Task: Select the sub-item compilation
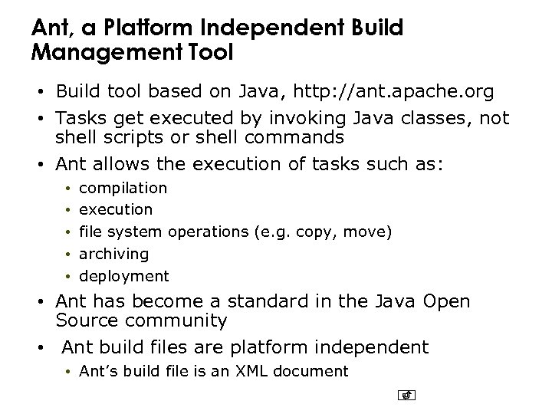point(123,187)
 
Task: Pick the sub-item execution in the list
point(116,209)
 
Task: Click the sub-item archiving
point(114,253)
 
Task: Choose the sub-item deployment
point(124,275)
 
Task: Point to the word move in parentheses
point(365,232)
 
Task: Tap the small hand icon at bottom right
point(407,396)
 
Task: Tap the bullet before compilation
point(67,188)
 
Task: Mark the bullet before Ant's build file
point(67,373)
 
